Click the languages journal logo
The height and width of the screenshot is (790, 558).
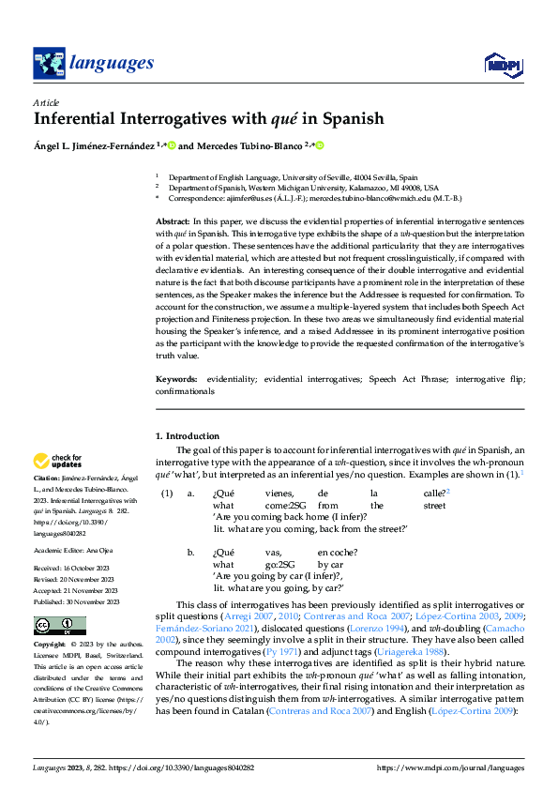[x=93, y=63]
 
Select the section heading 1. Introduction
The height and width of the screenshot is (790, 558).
[x=188, y=436]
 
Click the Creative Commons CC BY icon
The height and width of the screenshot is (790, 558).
[x=59, y=627]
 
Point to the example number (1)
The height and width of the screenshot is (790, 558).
[x=167, y=493]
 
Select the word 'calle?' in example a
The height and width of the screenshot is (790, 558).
[x=434, y=493]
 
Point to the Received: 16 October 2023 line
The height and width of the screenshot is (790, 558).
[x=71, y=569]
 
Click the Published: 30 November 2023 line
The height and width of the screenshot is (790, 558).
[x=73, y=602]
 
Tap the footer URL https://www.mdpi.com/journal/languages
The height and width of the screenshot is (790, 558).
[x=450, y=767]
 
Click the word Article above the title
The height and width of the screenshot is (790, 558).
[x=46, y=102]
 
